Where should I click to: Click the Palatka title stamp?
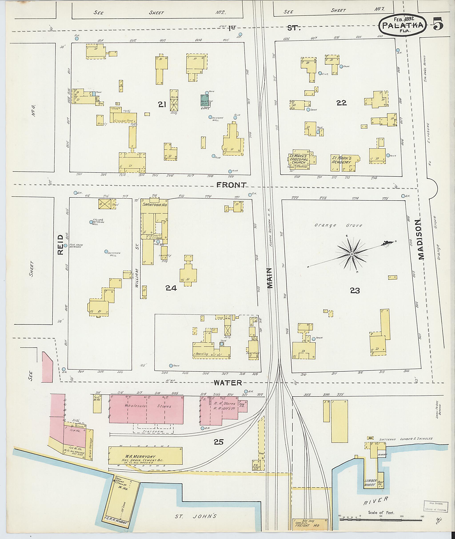coord(402,25)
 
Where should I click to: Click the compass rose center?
coord(351,254)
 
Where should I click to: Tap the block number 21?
coord(162,104)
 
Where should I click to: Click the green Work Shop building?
coord(205,100)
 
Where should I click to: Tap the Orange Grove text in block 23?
coord(338,225)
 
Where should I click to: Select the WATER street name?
coord(228,383)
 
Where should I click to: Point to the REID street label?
coord(60,244)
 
